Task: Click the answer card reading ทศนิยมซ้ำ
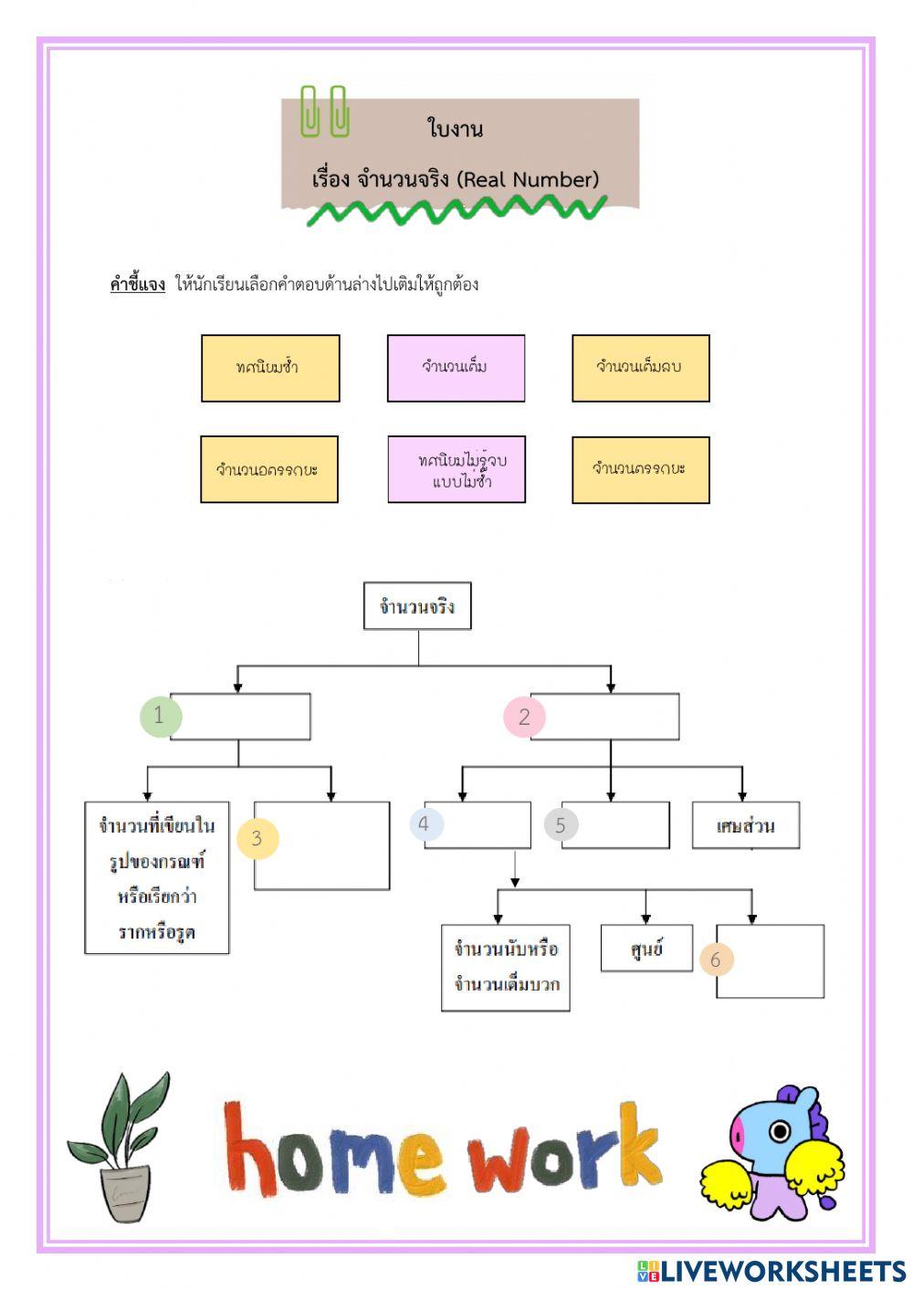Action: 270,368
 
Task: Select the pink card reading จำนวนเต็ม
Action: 456,368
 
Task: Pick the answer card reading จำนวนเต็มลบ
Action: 640,368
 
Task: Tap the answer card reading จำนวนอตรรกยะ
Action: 269,469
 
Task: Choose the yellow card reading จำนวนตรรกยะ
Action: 640,469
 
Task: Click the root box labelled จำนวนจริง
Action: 417,606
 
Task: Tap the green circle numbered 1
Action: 160,716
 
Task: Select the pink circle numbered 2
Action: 524,717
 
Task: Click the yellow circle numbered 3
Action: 257,838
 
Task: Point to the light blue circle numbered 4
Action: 425,824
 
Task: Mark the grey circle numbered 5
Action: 561,825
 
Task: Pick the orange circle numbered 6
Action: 716,960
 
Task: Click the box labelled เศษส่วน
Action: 745,825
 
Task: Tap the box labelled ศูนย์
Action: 646,949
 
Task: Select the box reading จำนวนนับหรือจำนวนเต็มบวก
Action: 506,967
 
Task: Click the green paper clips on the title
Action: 325,111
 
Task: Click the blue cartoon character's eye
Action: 779,1132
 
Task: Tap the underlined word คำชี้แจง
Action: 138,284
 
